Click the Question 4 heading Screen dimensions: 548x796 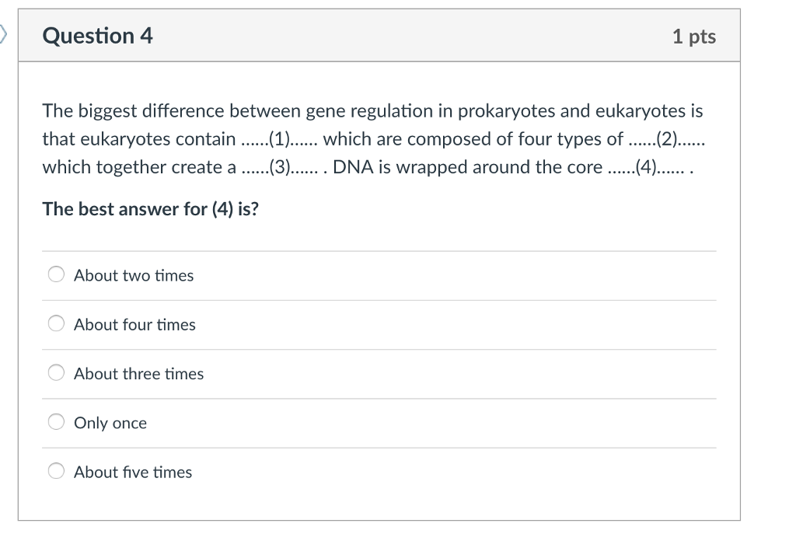tap(98, 36)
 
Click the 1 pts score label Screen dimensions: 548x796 tap(693, 37)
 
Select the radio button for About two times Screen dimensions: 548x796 tap(57, 274)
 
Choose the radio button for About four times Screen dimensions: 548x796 tap(57, 324)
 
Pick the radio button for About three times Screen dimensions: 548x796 tap(57, 373)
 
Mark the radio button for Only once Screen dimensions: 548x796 tap(57, 422)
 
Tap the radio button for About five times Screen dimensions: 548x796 tap(57, 471)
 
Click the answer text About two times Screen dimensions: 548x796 tap(134, 275)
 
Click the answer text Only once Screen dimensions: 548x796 tap(110, 423)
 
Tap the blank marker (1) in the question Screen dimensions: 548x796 tap(278, 139)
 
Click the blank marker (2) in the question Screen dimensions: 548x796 tap(667, 139)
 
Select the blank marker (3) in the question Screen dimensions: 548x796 tap(278, 167)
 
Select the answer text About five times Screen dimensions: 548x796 tap(133, 472)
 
